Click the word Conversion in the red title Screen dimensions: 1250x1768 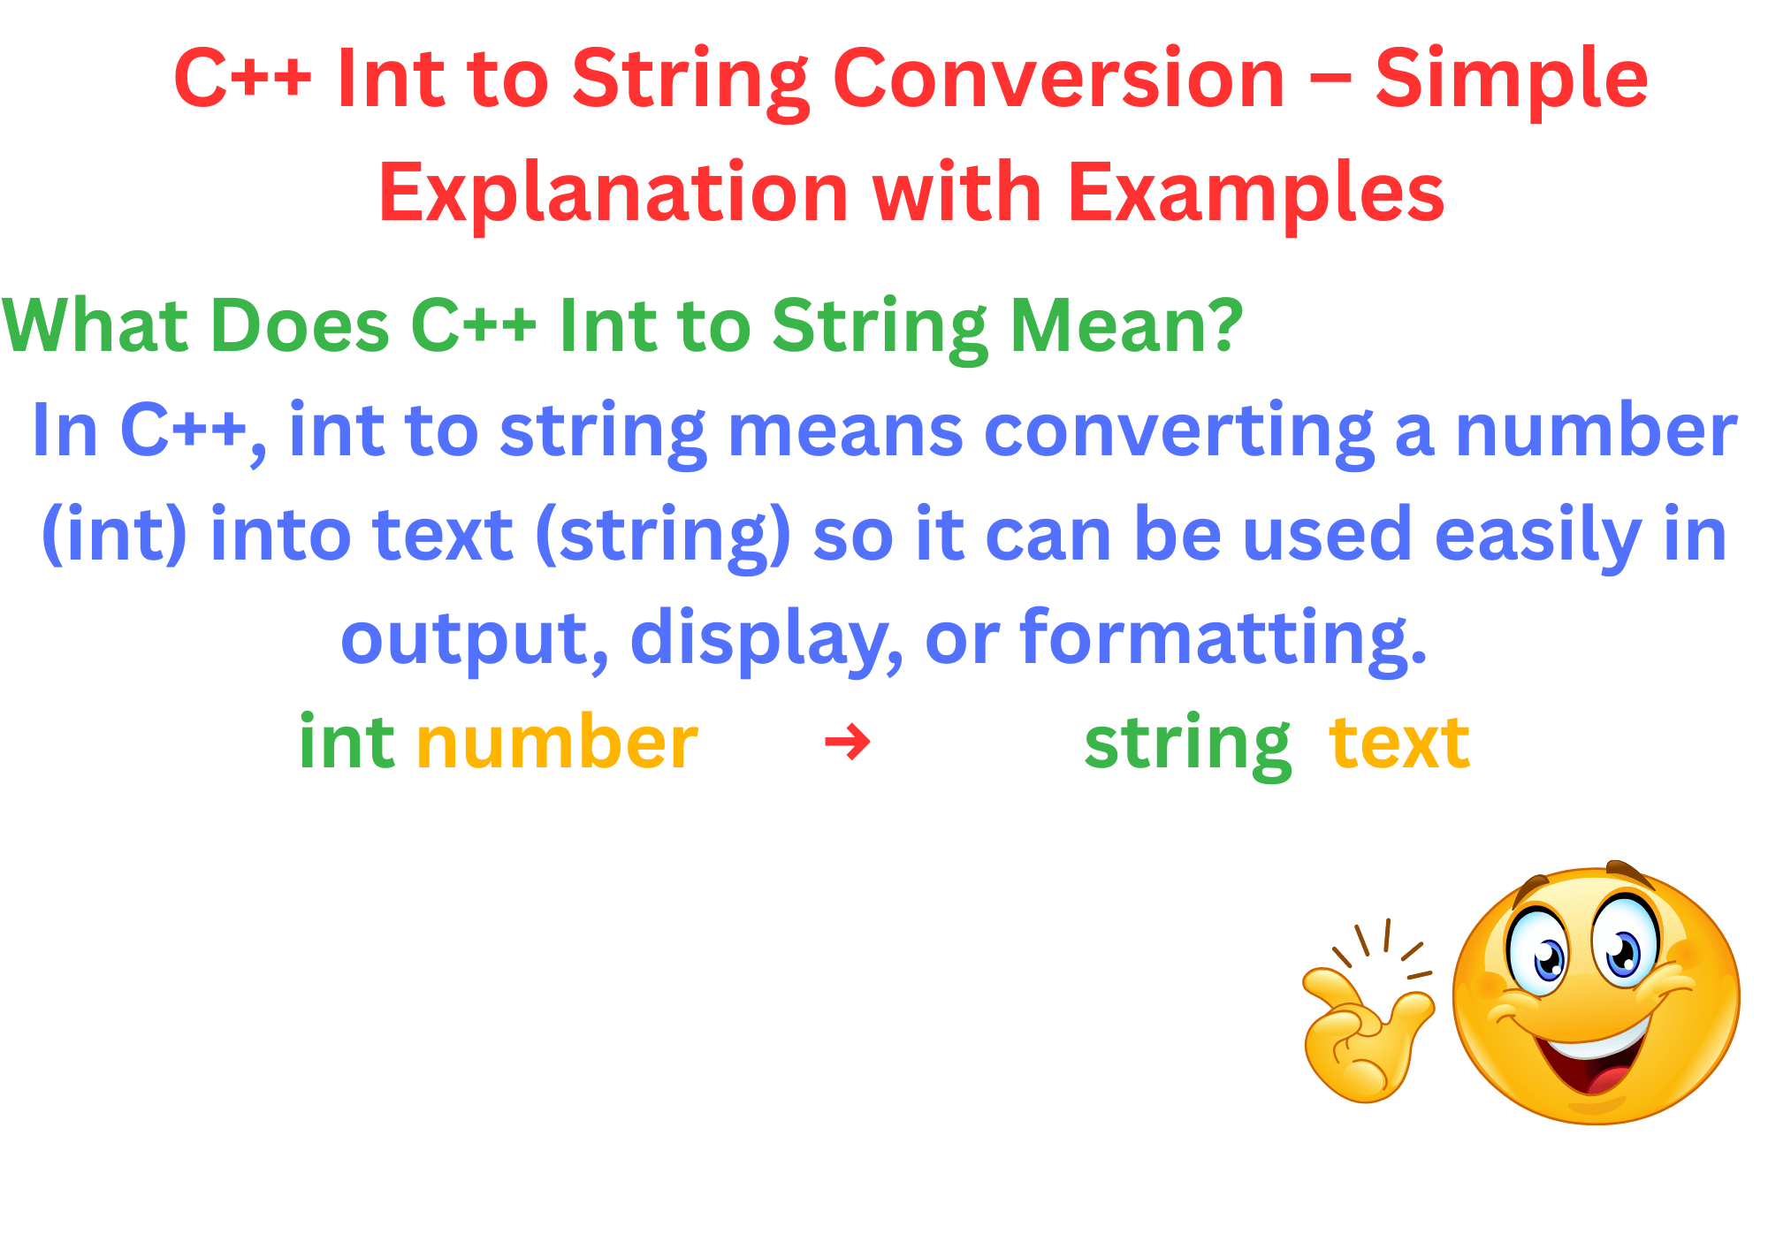point(1058,80)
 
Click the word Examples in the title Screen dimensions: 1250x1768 point(1256,193)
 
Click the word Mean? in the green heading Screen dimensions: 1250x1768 point(1126,325)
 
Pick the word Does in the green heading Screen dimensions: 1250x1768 point(301,325)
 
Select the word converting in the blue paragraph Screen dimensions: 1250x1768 point(1178,431)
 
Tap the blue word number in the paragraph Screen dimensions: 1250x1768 point(1596,431)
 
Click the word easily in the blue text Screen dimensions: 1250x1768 point(1538,536)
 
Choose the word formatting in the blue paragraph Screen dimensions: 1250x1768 point(1223,638)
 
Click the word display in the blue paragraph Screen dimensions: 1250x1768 point(760,638)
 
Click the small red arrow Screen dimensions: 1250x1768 point(848,742)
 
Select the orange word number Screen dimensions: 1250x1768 point(557,743)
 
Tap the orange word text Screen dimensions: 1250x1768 point(1399,743)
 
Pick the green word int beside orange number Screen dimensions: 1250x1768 point(347,743)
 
